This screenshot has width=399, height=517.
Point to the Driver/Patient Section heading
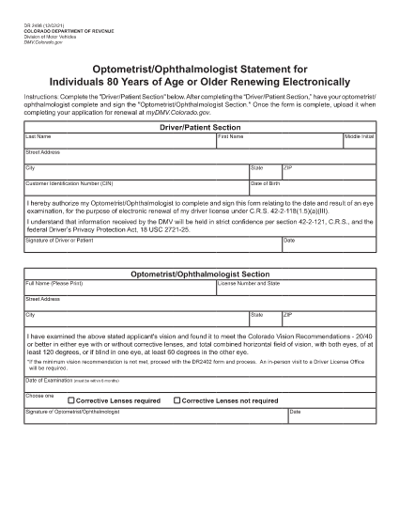click(x=199, y=126)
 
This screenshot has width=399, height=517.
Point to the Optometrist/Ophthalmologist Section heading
click(x=199, y=274)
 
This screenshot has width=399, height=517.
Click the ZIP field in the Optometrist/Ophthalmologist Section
click(x=328, y=320)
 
